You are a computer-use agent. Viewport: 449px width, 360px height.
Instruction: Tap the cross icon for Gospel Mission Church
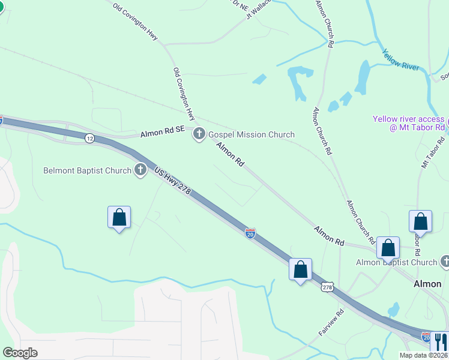[x=199, y=134]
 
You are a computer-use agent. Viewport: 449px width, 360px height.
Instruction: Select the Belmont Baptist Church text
[x=87, y=170]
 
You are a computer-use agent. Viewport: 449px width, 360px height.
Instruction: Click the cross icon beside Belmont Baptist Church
[x=140, y=170]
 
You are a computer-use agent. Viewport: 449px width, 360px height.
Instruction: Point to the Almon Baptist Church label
[x=396, y=262]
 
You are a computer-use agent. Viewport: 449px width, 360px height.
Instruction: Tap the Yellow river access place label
[x=408, y=123]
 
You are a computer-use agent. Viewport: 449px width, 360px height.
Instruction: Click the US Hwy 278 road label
[x=172, y=181]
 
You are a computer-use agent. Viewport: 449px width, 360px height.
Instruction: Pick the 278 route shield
[x=327, y=287]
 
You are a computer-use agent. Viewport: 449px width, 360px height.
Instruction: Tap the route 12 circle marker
[x=89, y=138]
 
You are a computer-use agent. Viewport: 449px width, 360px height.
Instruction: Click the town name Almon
[x=428, y=284]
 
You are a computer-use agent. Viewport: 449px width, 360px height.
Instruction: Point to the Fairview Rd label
[x=331, y=321]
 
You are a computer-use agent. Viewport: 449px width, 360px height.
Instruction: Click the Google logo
[x=20, y=353]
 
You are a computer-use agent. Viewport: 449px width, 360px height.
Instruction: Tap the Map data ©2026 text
[x=423, y=355]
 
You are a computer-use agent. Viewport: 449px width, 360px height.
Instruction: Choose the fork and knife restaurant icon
[x=440, y=341]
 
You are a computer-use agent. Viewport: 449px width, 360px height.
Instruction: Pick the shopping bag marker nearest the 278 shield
[x=300, y=269]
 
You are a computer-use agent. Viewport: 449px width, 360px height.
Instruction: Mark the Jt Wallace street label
[x=259, y=9]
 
